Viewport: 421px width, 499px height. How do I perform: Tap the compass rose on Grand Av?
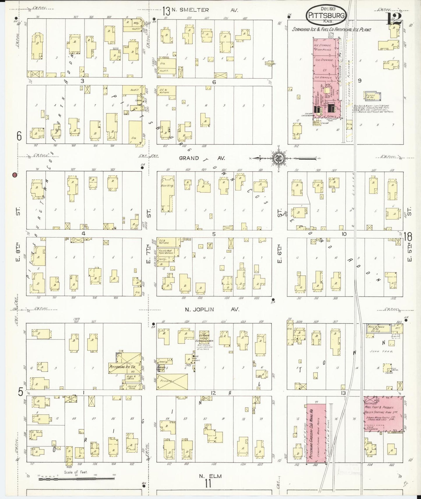point(278,158)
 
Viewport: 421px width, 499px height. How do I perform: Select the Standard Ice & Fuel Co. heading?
point(332,30)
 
